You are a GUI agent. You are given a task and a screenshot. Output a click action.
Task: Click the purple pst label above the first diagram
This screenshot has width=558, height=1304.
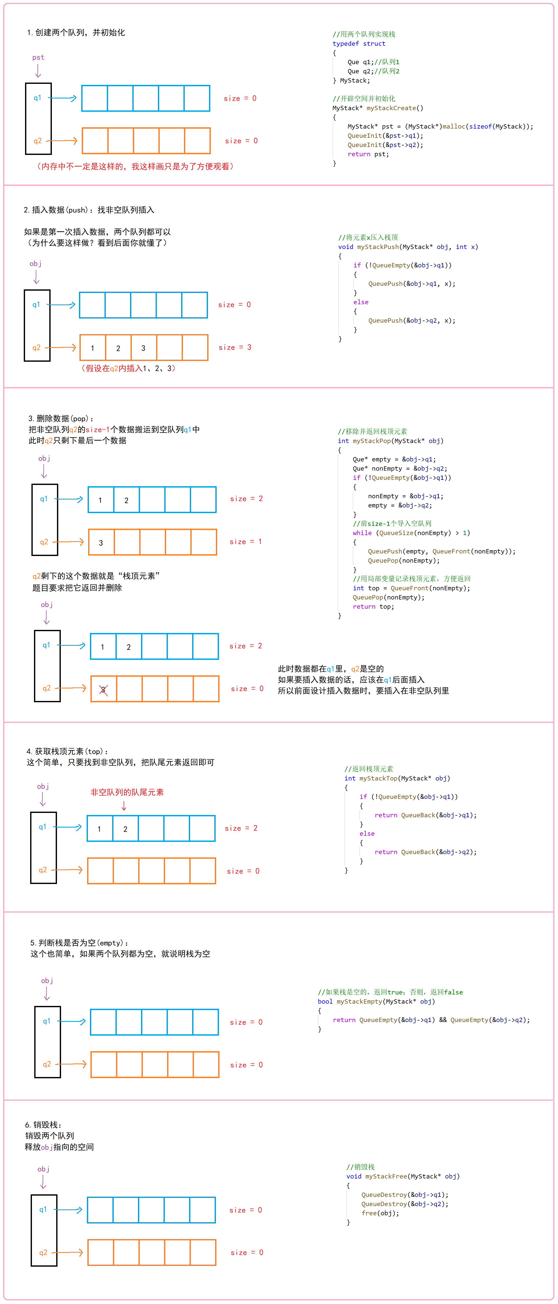pyautogui.click(x=38, y=57)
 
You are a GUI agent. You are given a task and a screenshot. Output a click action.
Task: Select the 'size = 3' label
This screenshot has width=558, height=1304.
pyautogui.click(x=235, y=347)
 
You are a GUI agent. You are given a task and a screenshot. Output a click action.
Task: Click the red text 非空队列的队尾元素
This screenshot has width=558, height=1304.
pyautogui.click(x=127, y=792)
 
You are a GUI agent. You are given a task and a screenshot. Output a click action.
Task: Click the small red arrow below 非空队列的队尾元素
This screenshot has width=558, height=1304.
pyautogui.click(x=124, y=806)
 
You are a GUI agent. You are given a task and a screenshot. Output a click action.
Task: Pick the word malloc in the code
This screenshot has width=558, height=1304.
pyautogui.click(x=454, y=127)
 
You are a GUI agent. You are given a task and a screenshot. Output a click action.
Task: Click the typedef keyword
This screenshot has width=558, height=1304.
pyautogui.click(x=345, y=43)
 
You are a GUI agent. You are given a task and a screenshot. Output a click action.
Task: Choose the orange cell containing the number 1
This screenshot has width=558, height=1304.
pyautogui.click(x=92, y=348)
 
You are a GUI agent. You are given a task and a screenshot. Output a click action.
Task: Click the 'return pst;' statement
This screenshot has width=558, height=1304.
pyautogui.click(x=368, y=154)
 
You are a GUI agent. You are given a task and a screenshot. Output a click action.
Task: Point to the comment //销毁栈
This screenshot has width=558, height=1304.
pyautogui.click(x=360, y=1167)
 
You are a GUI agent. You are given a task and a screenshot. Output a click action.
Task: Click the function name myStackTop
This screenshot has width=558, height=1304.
pyautogui.click(x=378, y=778)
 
